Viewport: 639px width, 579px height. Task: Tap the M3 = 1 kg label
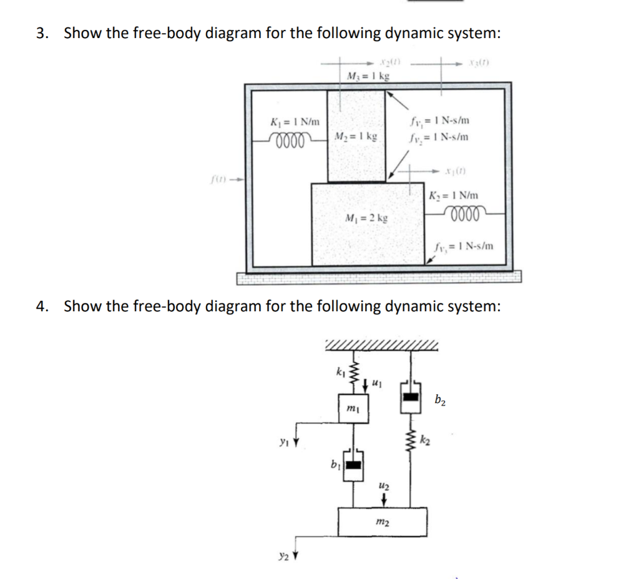[x=368, y=76]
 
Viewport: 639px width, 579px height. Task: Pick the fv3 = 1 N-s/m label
[x=464, y=246]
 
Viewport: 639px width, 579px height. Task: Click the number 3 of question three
[x=40, y=33]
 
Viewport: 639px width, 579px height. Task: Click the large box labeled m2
[x=383, y=522]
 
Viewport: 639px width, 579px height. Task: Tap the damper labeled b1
[x=354, y=465]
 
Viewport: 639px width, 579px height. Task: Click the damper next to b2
[x=409, y=396]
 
